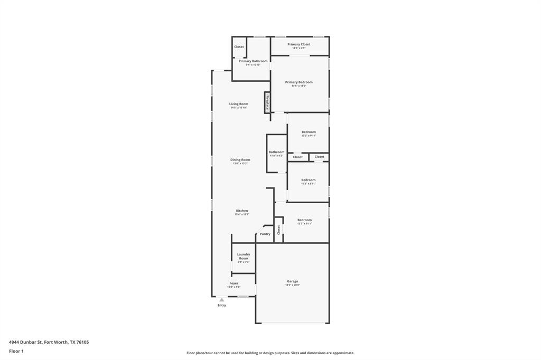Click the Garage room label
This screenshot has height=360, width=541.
tap(293, 281)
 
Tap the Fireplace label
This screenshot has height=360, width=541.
tap(267, 102)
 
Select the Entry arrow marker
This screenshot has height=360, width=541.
tap(222, 300)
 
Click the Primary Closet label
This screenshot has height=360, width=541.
tap(299, 44)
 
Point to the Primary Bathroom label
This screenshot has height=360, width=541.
tap(253, 61)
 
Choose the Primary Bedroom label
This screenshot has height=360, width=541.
tap(299, 82)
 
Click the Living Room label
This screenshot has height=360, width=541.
tap(239, 104)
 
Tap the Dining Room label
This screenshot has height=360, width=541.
tap(240, 159)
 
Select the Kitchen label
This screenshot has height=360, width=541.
tap(242, 211)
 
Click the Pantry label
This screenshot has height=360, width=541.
tap(265, 234)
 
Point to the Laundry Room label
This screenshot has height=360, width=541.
tap(244, 256)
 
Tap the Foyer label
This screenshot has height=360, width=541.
tap(234, 283)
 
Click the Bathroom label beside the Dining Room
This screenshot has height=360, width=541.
tap(276, 152)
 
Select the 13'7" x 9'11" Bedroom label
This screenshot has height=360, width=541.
tap(305, 220)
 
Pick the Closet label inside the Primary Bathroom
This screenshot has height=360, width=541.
tap(239, 47)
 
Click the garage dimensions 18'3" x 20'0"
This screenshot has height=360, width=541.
tap(293, 285)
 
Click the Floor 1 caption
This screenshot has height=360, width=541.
tap(16, 351)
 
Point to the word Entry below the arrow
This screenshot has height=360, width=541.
tap(222, 305)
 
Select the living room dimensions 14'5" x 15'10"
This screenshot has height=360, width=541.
tap(239, 108)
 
